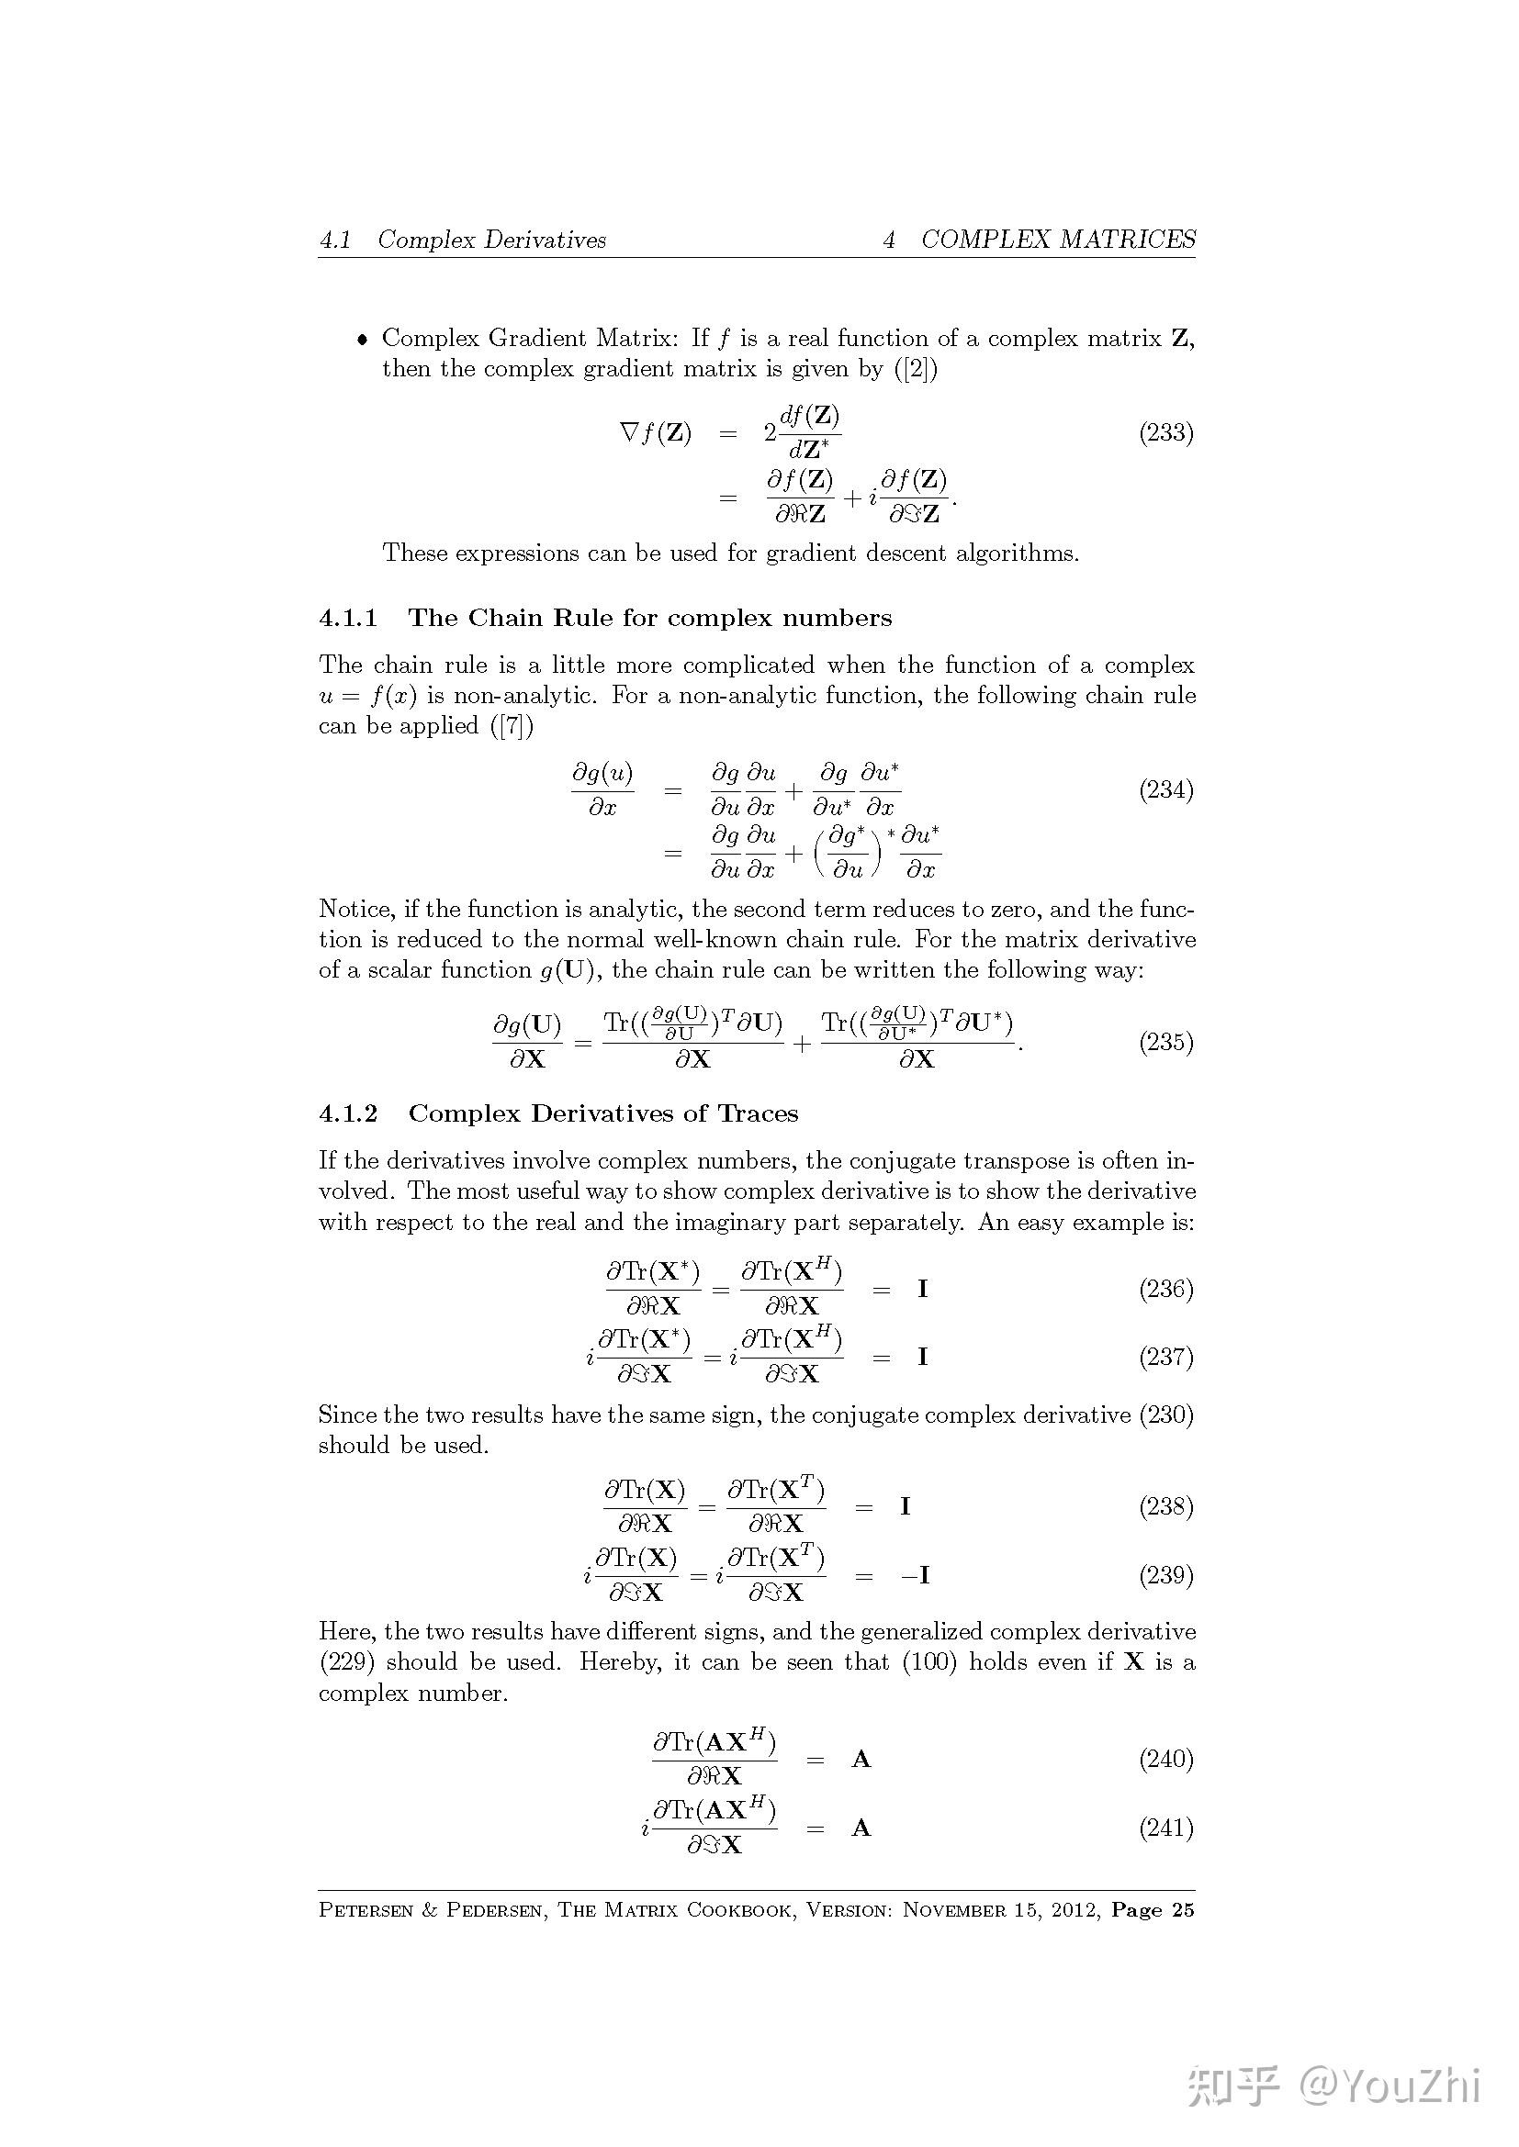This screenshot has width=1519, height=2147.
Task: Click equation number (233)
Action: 1165,433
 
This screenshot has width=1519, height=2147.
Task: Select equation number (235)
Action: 1165,1042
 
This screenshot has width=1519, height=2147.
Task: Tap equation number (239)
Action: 1165,1575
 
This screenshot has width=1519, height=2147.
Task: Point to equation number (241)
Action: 1165,1828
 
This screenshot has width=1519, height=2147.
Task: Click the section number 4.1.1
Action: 348,618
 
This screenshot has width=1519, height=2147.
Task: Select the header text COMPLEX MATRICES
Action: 1058,240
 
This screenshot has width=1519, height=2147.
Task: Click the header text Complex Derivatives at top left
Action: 492,240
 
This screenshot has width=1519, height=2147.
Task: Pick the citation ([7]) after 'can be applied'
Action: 512,726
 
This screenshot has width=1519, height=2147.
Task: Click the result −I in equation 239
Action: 915,1576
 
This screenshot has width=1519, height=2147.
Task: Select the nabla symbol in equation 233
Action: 629,433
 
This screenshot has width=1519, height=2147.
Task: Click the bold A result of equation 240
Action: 861,1760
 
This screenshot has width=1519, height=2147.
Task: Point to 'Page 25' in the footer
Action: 1153,1910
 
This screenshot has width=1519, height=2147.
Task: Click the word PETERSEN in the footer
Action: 366,1910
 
